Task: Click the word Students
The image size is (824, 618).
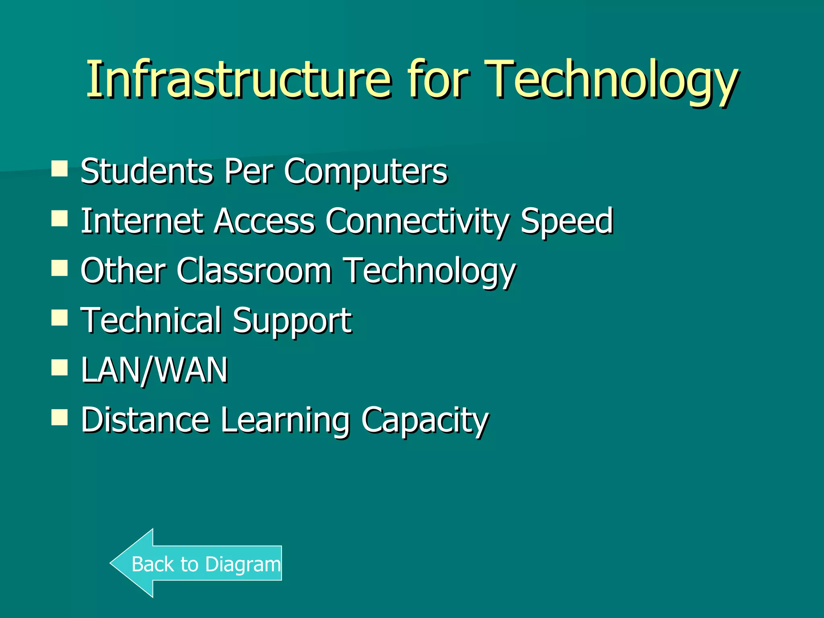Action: [146, 171]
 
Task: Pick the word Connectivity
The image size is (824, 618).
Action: [417, 221]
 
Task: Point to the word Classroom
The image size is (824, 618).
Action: [254, 271]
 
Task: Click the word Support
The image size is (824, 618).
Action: [292, 321]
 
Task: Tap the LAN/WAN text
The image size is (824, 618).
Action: [154, 370]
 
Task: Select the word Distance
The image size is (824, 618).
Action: [145, 420]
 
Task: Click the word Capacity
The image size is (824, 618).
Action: [425, 420]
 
